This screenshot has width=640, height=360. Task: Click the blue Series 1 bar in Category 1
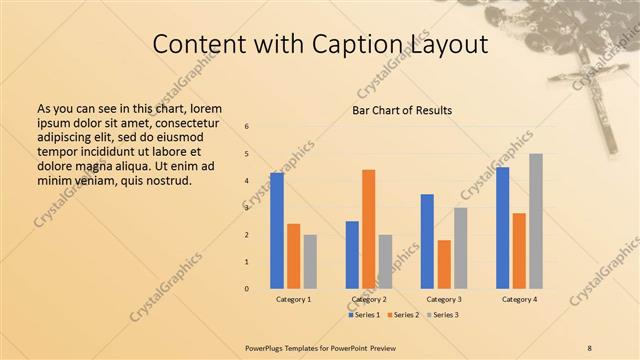coord(277,230)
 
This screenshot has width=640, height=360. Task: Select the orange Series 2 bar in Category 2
coord(368,229)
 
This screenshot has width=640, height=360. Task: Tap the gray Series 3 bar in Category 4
coord(536,221)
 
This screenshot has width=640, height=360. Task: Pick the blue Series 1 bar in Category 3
coord(427,241)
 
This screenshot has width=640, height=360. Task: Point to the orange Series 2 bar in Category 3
coord(444,264)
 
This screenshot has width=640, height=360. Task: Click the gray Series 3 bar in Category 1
coord(310,261)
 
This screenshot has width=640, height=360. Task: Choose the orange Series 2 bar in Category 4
coord(519,250)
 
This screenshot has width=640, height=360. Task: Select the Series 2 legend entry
coord(402,315)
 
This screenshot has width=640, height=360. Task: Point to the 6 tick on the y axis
coord(247,127)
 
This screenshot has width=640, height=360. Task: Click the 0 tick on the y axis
coord(247,289)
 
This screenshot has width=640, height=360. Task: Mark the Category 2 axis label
coord(368,300)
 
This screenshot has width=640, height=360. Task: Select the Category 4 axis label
coord(519,300)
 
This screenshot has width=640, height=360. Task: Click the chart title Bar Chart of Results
coord(402,110)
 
